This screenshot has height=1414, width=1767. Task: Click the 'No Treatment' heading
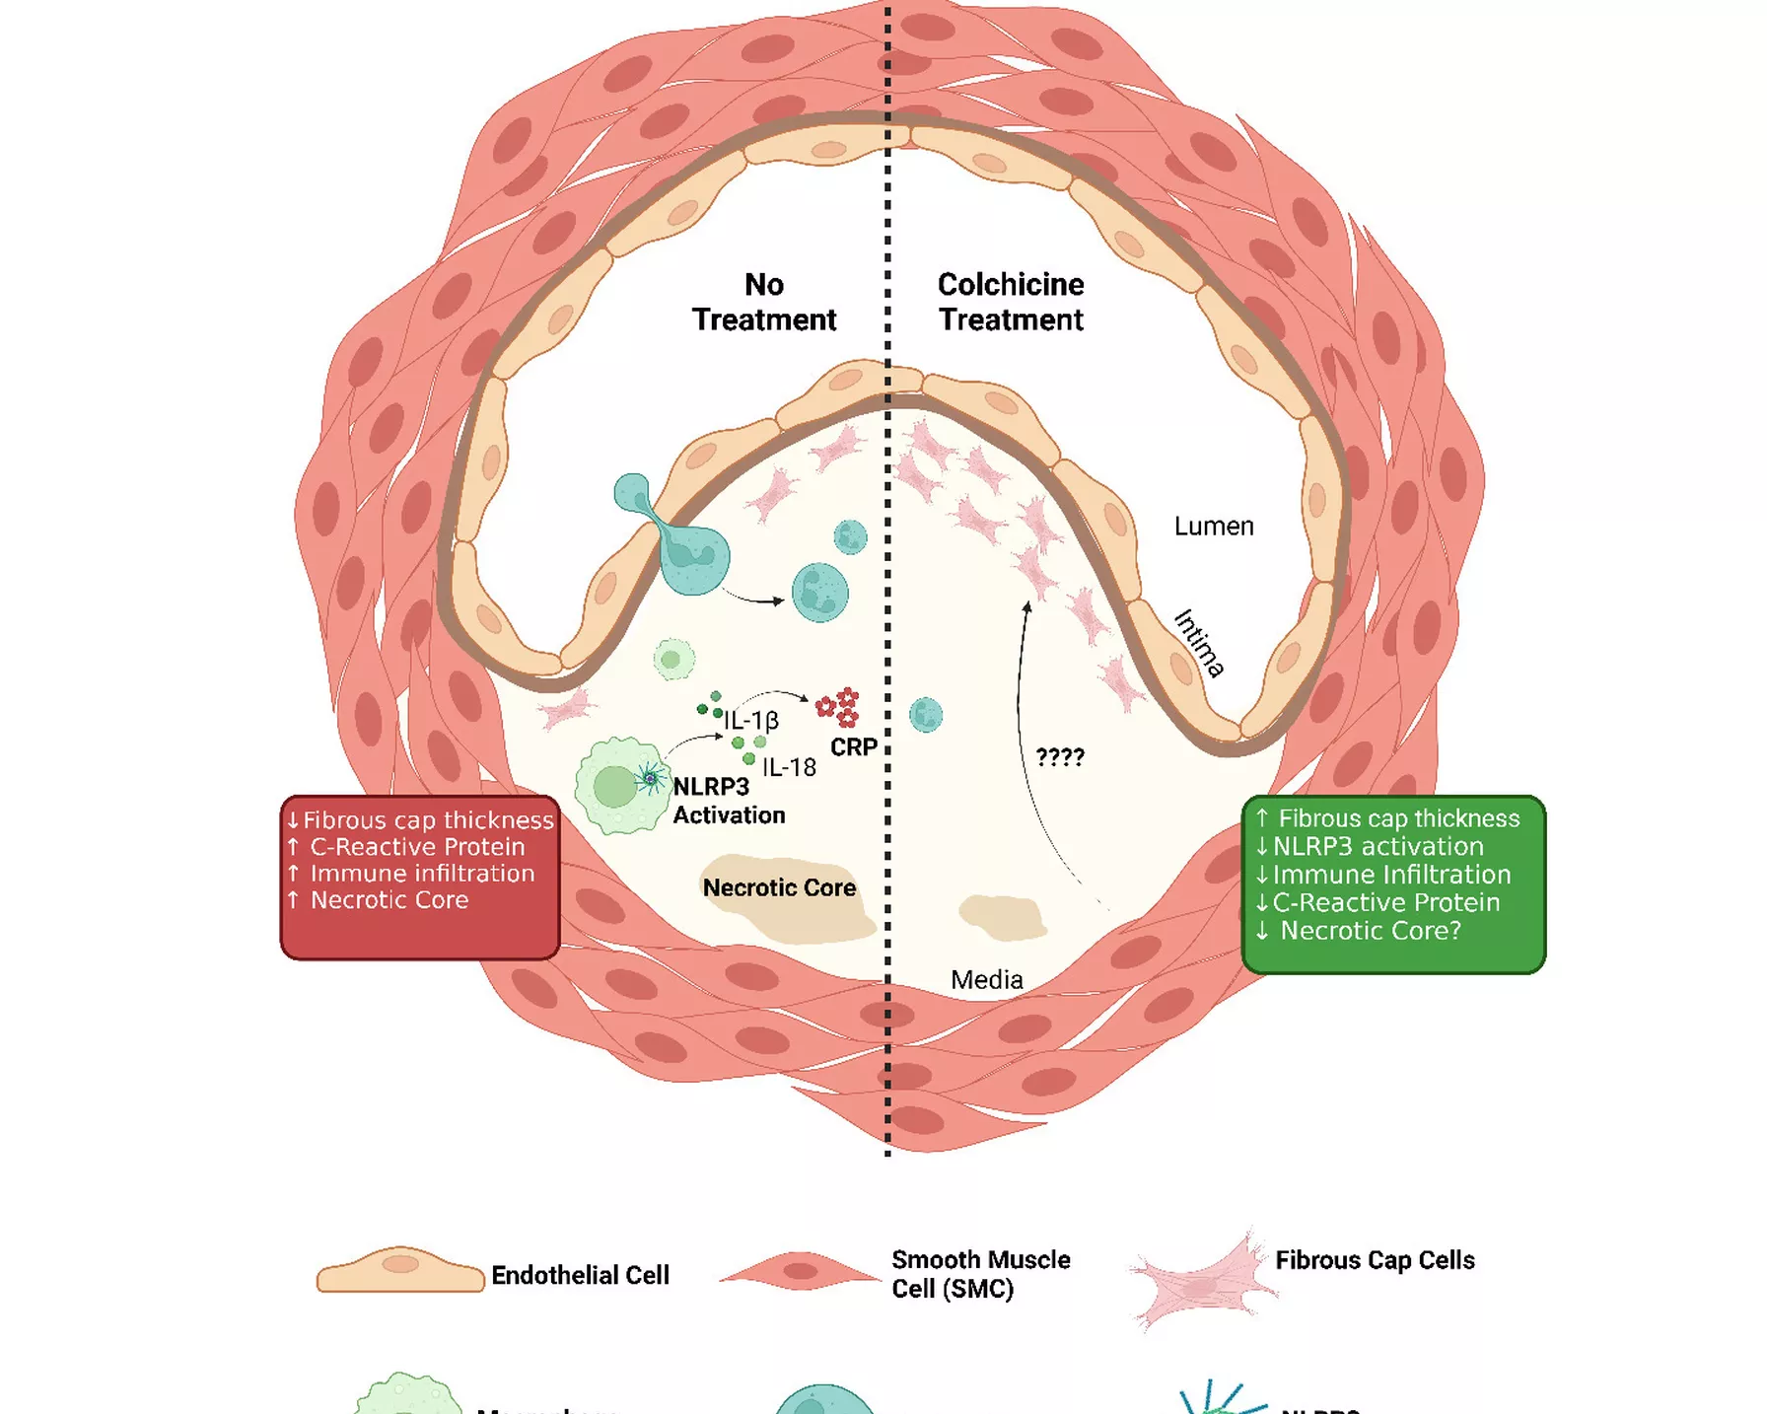coord(764,302)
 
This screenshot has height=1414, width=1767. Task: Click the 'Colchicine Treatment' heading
coord(1011,302)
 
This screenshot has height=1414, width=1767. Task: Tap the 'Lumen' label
coord(1214,527)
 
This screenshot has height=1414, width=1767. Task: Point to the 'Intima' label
coord(1199,643)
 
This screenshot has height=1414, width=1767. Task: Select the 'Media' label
coord(987,980)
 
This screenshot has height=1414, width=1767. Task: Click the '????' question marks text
coord(1060,757)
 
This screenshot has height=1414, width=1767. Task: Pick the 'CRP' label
coord(854,747)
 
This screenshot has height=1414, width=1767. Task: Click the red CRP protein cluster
coord(838,707)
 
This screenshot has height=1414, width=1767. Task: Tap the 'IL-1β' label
coord(751,721)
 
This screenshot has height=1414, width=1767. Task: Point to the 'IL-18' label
coord(789,767)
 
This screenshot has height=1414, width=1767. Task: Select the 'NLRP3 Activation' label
coord(729,801)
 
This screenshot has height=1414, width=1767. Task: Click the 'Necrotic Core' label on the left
coord(779,887)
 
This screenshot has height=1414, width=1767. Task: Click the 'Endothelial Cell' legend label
coord(580,1275)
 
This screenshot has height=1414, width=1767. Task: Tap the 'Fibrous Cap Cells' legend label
coord(1375,1260)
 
